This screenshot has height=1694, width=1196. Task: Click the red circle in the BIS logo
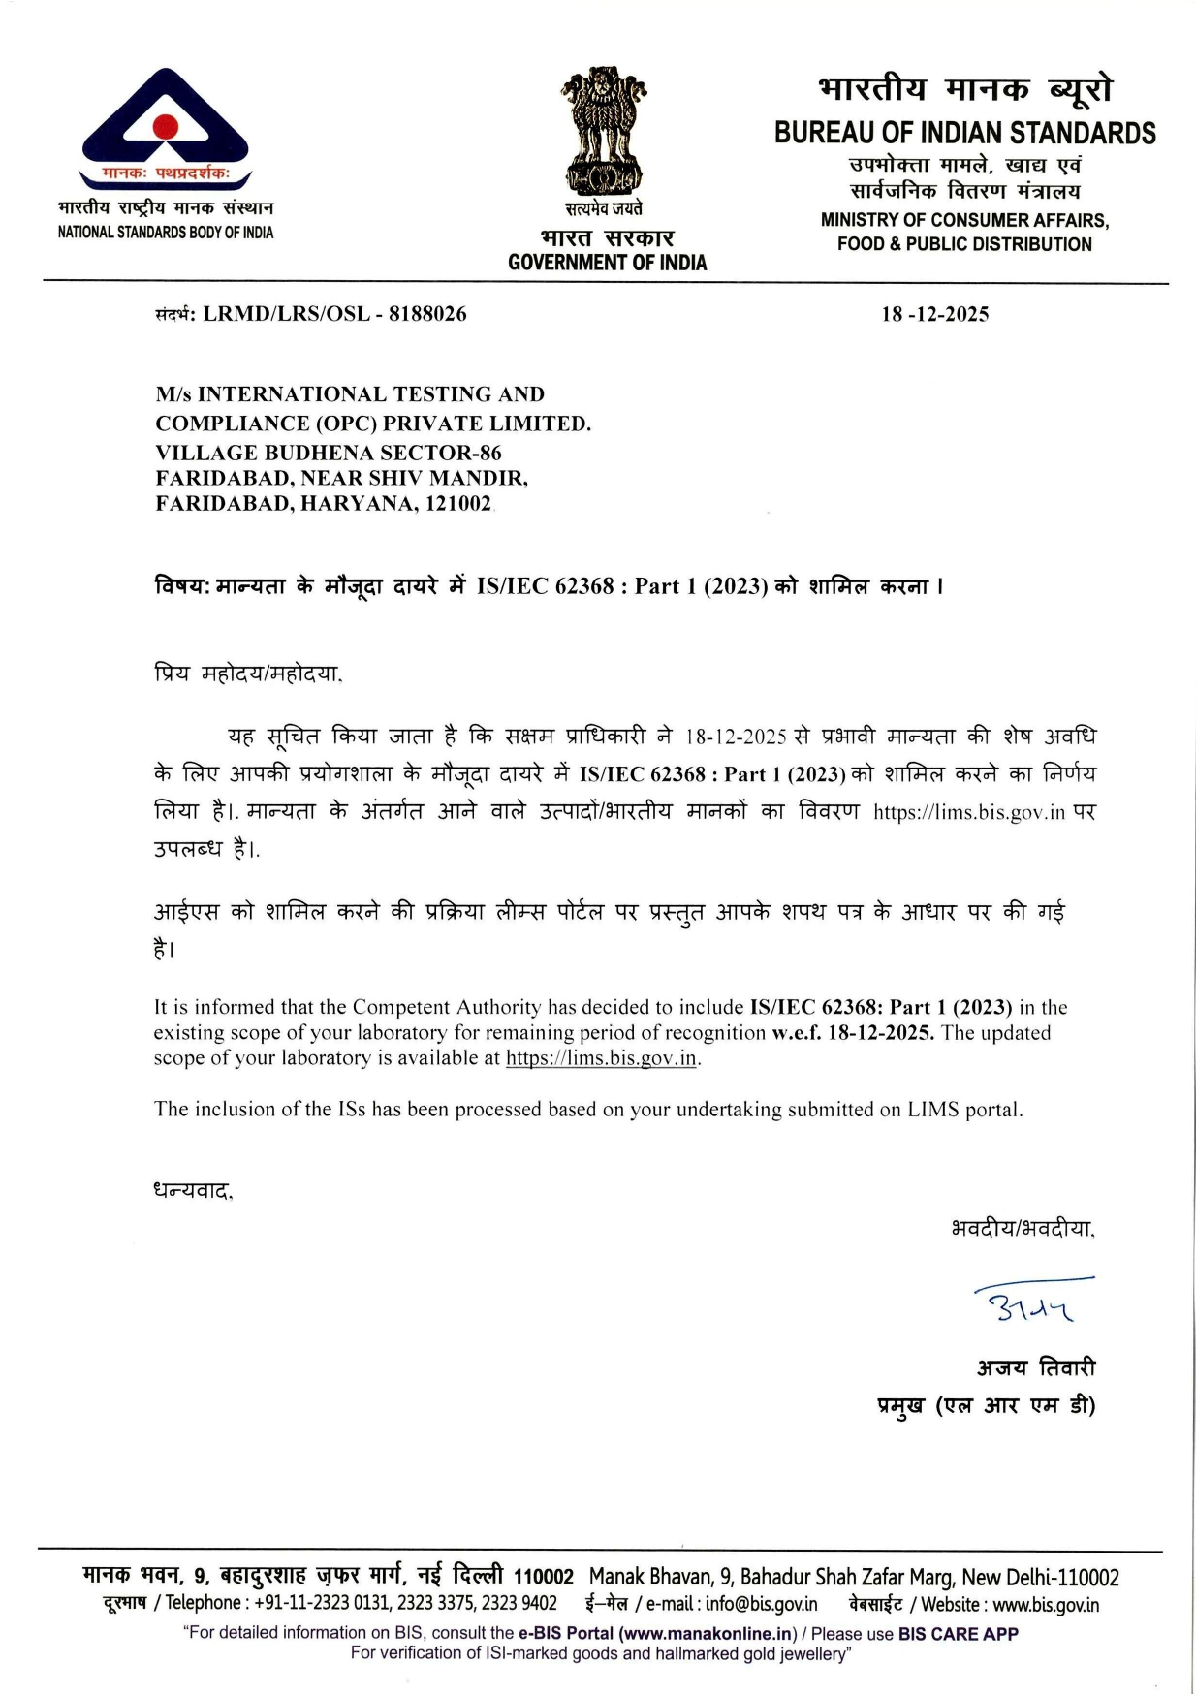click(166, 126)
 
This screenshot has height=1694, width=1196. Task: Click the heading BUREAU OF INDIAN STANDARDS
click(964, 133)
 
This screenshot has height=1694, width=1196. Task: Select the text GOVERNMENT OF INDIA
click(607, 263)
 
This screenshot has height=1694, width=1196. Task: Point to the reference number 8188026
click(427, 314)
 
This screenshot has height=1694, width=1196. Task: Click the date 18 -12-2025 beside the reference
click(934, 314)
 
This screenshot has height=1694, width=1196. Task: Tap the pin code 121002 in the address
click(458, 504)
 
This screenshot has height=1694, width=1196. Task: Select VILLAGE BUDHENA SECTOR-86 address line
click(329, 453)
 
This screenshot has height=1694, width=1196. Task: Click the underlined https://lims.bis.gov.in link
click(601, 1058)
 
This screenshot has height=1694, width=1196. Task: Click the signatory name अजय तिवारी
click(1036, 1367)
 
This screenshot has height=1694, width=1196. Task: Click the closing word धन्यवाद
click(193, 1190)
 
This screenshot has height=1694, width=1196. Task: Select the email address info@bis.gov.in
click(761, 1604)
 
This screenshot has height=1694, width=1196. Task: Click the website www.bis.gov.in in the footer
click(1046, 1604)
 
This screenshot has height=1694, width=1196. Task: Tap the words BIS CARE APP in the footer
click(958, 1633)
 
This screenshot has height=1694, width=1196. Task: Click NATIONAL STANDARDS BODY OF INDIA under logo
click(166, 233)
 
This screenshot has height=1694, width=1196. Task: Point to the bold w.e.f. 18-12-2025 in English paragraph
click(853, 1033)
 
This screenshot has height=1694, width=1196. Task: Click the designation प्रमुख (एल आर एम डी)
click(986, 1405)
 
